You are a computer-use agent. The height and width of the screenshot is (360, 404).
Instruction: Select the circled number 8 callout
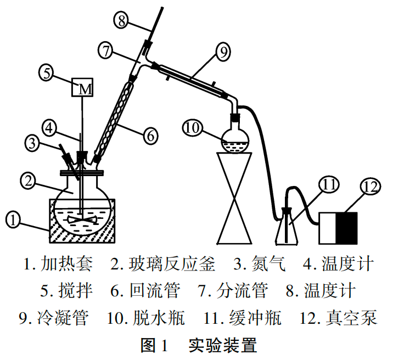[122, 20]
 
